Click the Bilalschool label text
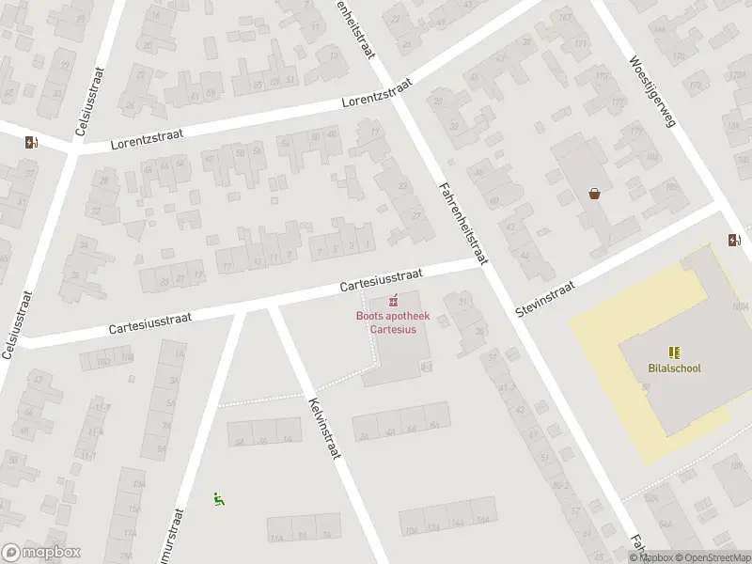click(674, 368)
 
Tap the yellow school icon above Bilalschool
click(674, 352)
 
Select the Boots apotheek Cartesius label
click(393, 322)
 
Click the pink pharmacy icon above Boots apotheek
click(393, 302)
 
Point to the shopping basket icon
click(594, 194)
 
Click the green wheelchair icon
click(219, 499)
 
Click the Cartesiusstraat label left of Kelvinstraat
click(150, 323)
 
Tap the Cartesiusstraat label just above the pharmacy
click(381, 278)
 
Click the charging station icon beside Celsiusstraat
click(32, 143)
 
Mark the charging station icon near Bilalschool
click(734, 240)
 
